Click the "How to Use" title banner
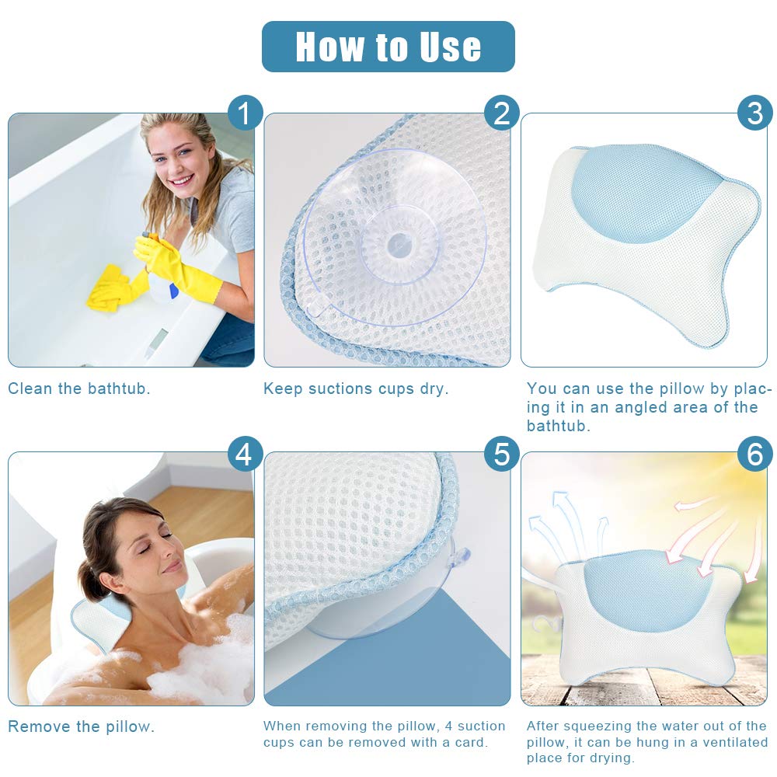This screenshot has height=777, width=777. point(388,47)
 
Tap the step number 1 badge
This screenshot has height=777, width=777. point(245,113)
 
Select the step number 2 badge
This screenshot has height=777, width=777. point(501,113)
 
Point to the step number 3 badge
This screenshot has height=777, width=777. point(754,113)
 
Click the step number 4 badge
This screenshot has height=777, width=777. point(245,454)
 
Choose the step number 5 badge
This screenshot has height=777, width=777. point(501,454)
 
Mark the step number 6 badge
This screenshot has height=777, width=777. point(754,454)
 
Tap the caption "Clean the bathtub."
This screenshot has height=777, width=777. point(79,388)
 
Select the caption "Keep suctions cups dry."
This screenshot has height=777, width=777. point(356,388)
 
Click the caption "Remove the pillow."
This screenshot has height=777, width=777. point(81,727)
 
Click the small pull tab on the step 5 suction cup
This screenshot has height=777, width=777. point(461,556)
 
